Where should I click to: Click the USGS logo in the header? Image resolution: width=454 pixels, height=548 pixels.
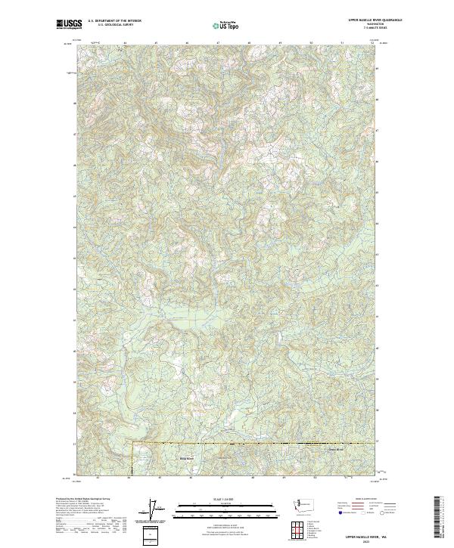(69, 24)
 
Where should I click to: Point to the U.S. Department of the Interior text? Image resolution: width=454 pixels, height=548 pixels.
(113, 20)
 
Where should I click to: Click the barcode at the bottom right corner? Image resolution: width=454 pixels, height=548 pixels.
(437, 520)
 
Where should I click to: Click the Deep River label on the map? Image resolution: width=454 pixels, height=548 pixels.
(186, 458)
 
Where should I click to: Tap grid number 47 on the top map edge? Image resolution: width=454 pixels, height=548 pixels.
(218, 42)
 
